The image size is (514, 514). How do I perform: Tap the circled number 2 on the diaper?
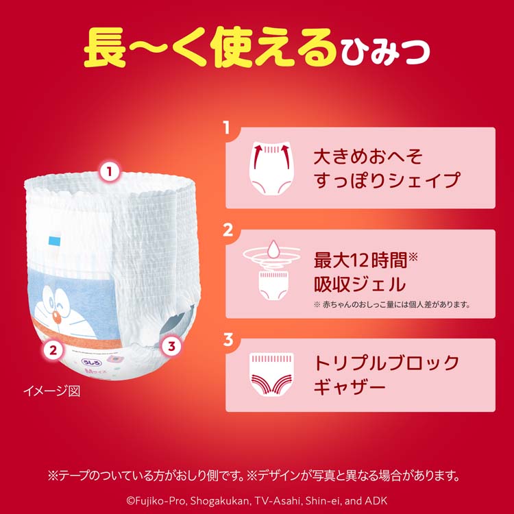pos(53,350)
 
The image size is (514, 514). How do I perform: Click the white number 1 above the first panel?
pos(227,127)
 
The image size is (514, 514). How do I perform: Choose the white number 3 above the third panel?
pos(228,339)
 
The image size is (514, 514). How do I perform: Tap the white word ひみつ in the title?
pos(385,51)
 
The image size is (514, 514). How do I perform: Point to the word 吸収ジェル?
pos(360,284)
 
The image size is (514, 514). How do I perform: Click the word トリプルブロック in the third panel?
pos(386,363)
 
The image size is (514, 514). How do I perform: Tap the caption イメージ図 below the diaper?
pos(52,391)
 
